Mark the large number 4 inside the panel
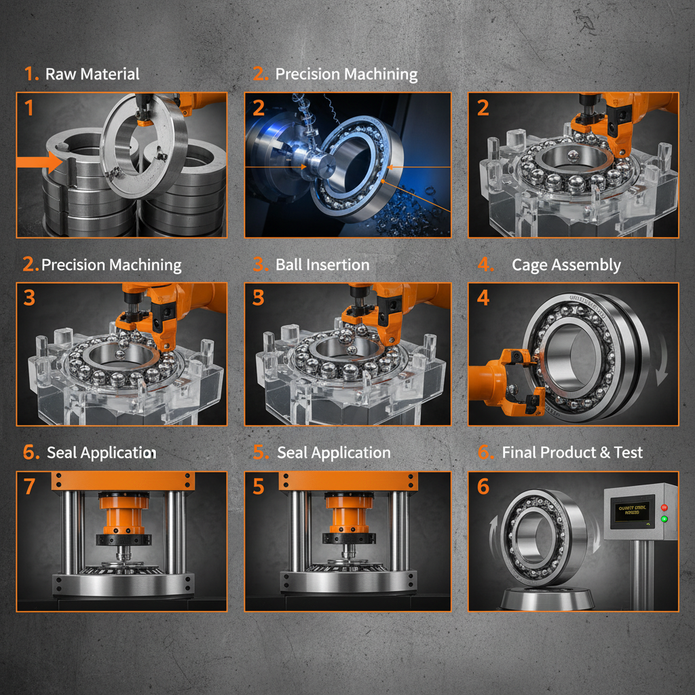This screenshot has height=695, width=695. pos(483,297)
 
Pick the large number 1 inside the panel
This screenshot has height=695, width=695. pos(28,107)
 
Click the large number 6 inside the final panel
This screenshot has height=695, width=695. pos(483,486)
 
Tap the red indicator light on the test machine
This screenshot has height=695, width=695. pos(664,507)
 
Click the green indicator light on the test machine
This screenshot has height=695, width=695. pos(664,519)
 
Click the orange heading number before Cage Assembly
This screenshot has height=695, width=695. pos(485,265)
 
